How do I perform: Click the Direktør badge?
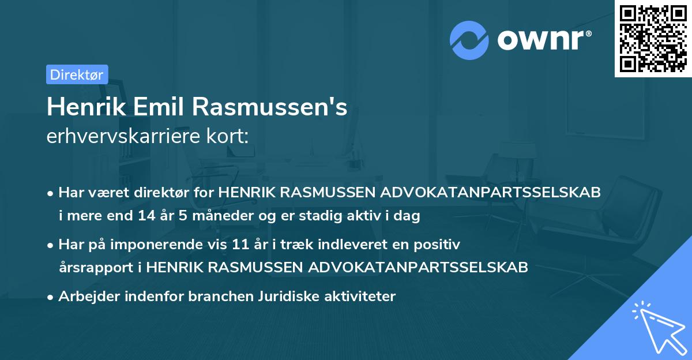77,74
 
